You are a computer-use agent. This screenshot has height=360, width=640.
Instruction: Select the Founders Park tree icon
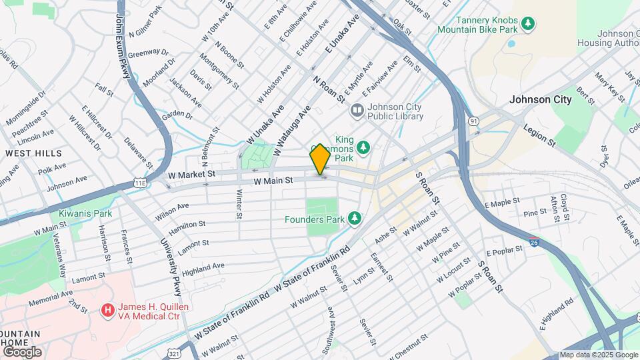355,219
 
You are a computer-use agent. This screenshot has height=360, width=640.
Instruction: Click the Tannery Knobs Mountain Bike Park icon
528,24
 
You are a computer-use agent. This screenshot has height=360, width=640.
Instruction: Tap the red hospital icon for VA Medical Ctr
107,309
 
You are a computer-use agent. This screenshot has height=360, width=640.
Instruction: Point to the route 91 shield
473,121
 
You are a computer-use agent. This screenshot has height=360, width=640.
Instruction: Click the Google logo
22,351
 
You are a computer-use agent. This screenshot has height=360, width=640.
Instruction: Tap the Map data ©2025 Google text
598,355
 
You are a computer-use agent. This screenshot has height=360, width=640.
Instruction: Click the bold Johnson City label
540,99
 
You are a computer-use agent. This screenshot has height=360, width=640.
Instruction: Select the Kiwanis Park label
84,213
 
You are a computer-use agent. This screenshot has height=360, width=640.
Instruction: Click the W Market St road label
192,173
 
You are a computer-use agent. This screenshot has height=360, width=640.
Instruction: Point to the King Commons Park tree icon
363,146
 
